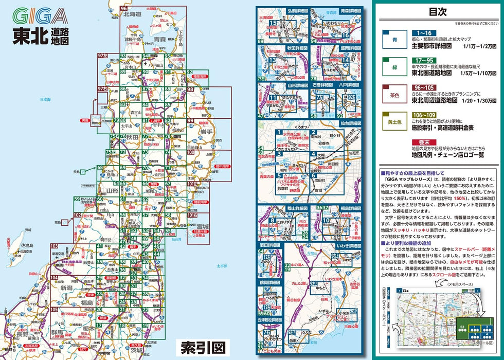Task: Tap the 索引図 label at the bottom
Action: pos(203,347)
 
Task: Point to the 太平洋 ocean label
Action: pos(222,266)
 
